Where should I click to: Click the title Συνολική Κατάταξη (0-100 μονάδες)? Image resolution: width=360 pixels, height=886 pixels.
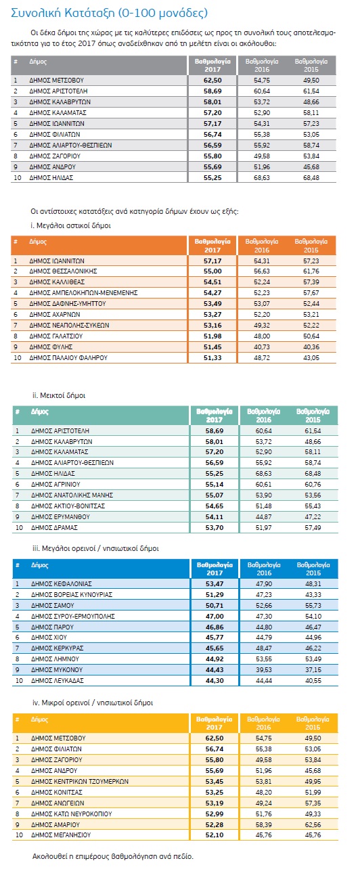[109, 13]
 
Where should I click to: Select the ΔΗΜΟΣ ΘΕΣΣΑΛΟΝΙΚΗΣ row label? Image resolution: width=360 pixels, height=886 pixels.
[63, 271]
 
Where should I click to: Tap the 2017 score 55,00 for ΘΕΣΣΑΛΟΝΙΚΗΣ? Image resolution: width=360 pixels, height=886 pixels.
[212, 271]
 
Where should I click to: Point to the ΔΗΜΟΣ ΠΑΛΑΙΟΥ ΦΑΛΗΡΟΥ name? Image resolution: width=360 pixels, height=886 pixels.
[68, 358]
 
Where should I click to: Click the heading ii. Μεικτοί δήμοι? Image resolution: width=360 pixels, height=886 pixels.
[59, 395]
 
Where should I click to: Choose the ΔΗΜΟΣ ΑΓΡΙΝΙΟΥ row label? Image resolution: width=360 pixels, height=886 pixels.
[55, 485]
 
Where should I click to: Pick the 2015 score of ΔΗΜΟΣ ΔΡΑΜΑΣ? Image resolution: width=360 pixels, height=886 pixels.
[313, 528]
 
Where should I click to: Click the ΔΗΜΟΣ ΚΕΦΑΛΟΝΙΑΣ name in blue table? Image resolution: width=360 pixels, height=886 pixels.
[62, 584]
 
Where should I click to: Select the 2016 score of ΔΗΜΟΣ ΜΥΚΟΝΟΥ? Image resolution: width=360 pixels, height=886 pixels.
[263, 669]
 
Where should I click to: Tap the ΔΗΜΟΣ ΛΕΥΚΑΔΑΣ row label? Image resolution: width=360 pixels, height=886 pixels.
[58, 681]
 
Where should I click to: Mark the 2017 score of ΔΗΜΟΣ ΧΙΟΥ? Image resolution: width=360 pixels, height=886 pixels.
[215, 637]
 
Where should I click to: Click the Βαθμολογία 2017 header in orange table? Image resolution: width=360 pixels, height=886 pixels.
[212, 246]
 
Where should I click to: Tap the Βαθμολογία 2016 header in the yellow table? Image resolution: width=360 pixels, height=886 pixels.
[263, 723]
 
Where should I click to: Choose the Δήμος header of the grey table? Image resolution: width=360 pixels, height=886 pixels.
[38, 62]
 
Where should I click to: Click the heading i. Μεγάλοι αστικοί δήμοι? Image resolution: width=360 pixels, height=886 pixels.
[70, 226]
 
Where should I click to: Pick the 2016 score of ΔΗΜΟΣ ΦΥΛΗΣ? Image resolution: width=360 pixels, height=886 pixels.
[262, 347]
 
